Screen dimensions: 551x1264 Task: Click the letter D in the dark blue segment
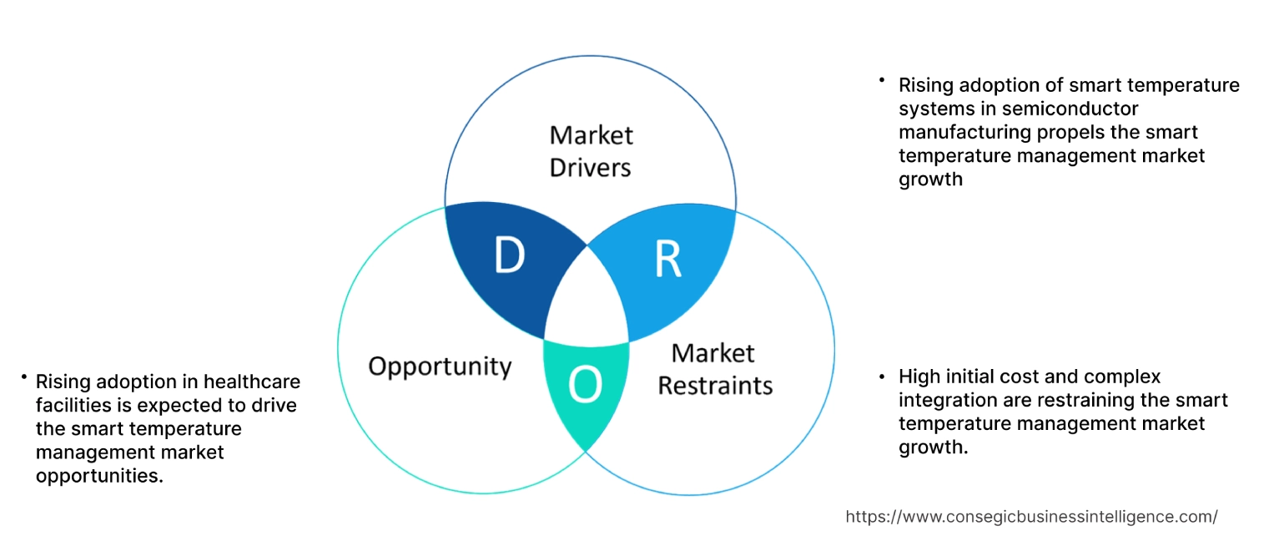[x=508, y=256]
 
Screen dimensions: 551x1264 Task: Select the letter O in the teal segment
[x=585, y=385]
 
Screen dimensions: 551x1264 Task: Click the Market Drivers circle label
[x=591, y=151]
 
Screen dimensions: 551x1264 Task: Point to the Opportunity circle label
[x=440, y=366]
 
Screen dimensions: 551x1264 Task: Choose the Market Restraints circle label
[x=715, y=369]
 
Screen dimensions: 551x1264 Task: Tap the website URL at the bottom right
[x=1031, y=517]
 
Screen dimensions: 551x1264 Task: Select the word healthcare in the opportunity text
[x=253, y=382]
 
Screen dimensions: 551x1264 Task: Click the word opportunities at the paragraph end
[x=97, y=475]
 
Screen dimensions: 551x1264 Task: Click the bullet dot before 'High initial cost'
[x=883, y=376]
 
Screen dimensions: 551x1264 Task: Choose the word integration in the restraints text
[x=944, y=400]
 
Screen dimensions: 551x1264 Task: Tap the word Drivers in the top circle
[x=591, y=168]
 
